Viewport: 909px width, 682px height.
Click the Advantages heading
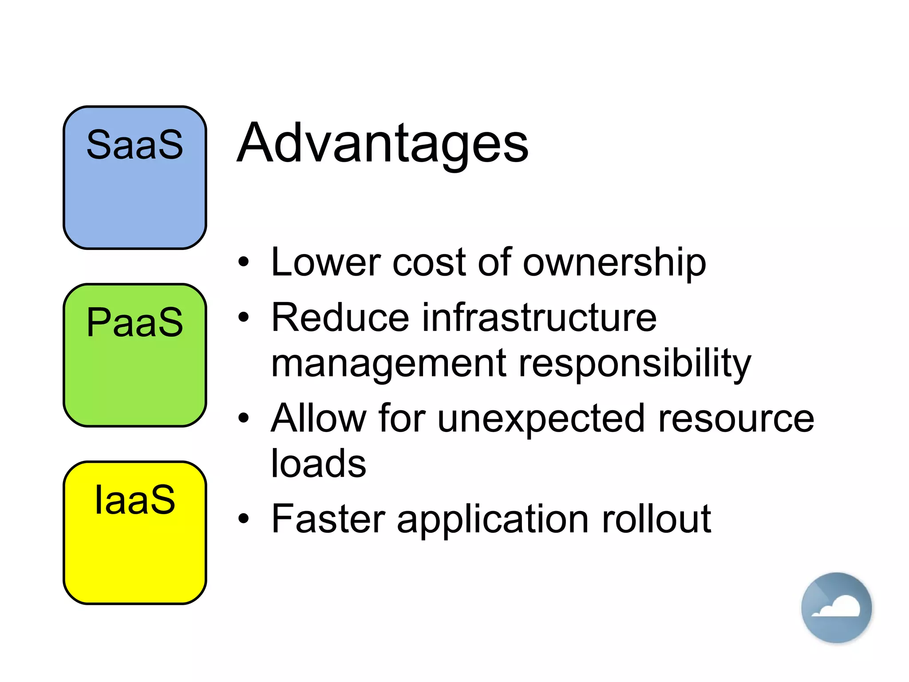coord(383,144)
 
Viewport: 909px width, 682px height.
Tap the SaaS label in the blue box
coord(134,145)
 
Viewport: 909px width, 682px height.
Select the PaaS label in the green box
coord(134,322)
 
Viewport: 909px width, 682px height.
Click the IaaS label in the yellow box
coord(134,500)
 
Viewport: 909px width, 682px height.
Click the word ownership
coord(614,263)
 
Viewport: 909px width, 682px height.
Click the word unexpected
coord(541,419)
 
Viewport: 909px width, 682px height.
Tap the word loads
coord(318,464)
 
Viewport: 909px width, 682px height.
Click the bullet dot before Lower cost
coord(243,262)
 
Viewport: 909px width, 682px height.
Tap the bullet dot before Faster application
coord(243,518)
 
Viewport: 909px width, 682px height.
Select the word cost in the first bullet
coord(429,263)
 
